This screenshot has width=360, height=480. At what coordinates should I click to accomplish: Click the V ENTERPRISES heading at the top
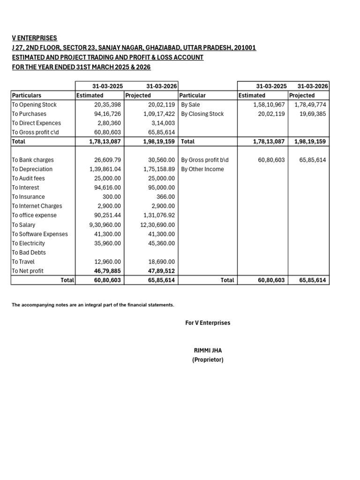[x=34, y=38]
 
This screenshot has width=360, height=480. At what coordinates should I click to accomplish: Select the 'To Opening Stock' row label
[x=34, y=105]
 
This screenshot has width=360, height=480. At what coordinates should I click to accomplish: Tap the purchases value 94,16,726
[x=107, y=114]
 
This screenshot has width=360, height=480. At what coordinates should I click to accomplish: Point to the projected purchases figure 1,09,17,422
[x=159, y=114]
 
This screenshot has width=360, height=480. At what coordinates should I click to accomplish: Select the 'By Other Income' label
[x=202, y=169]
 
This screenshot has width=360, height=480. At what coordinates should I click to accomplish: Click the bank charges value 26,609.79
[x=107, y=160]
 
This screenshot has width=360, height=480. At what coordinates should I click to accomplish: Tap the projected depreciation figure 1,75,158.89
[x=159, y=169]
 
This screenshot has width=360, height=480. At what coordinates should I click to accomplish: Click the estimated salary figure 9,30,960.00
[x=105, y=225]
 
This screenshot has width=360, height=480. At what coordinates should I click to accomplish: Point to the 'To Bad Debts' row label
[x=29, y=253]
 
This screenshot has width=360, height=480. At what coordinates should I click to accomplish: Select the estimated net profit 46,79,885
[x=107, y=271]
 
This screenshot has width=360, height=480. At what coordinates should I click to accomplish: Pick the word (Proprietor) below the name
[x=208, y=360]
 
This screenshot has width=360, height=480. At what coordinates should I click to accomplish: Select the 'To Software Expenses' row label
[x=40, y=234]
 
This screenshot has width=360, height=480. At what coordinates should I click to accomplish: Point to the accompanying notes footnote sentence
[x=93, y=305]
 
